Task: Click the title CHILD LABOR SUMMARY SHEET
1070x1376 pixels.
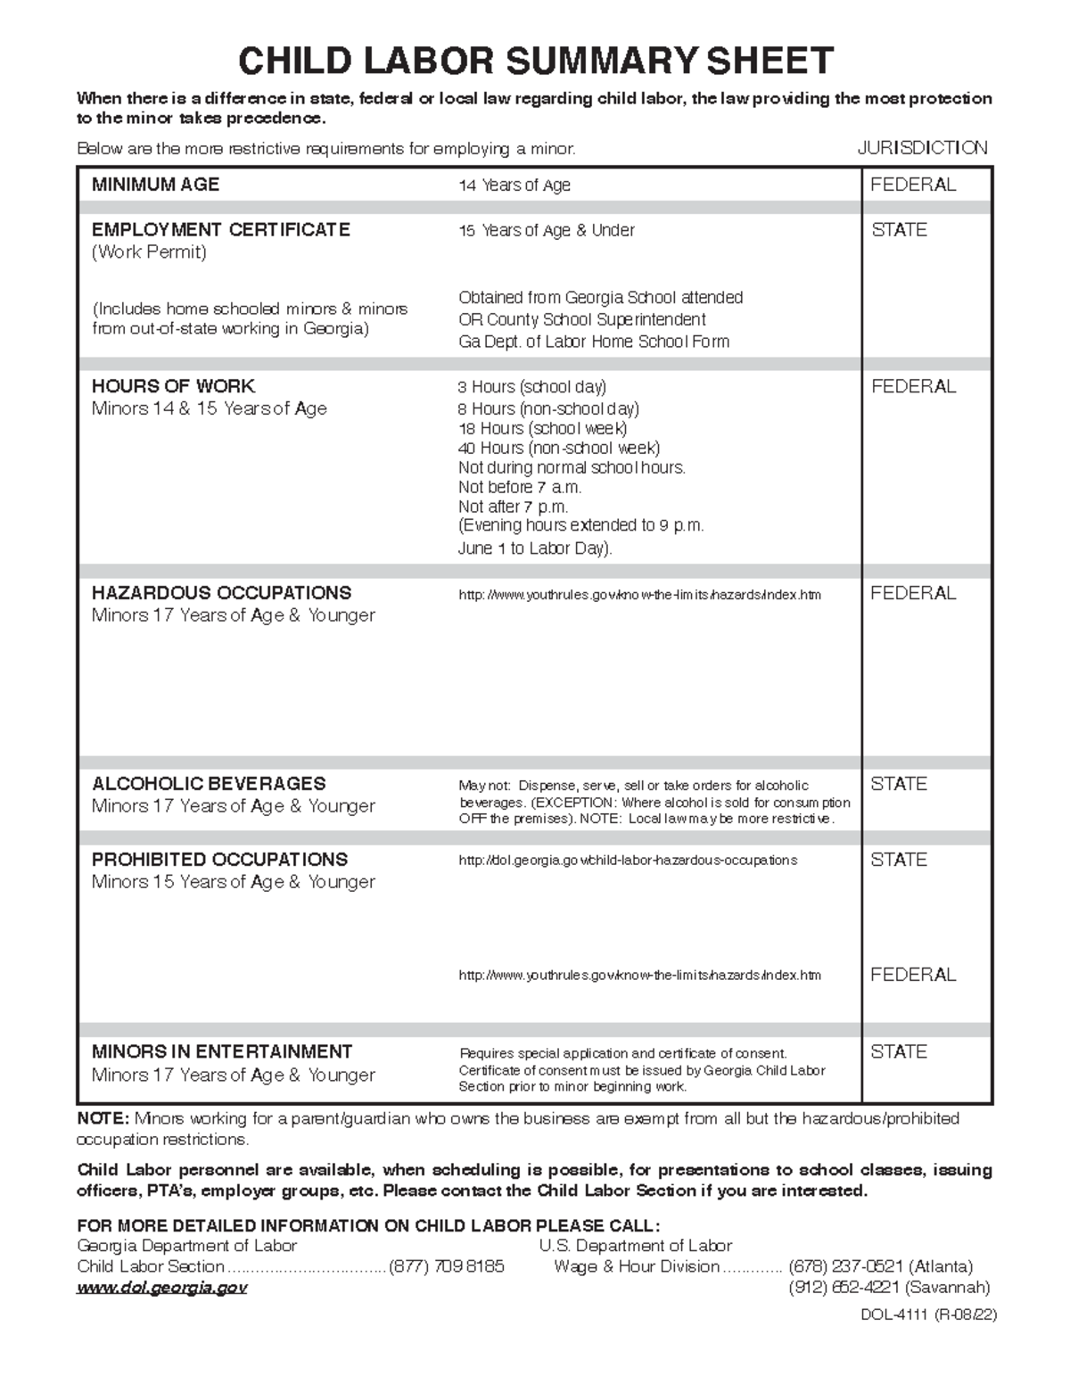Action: pyautogui.click(x=535, y=61)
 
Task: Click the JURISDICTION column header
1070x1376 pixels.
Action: pyautogui.click(x=922, y=148)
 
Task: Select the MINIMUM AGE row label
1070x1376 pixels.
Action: pyautogui.click(x=155, y=185)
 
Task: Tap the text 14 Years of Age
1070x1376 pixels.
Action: pyautogui.click(x=514, y=185)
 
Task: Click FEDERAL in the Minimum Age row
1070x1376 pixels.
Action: pyautogui.click(x=913, y=185)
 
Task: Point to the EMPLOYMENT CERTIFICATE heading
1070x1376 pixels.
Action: pyautogui.click(x=220, y=230)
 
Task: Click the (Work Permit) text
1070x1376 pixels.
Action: pyautogui.click(x=149, y=252)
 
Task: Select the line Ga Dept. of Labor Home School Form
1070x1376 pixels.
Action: pyautogui.click(x=593, y=342)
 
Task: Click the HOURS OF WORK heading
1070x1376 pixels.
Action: pyautogui.click(x=173, y=386)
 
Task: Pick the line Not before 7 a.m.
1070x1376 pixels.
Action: pyautogui.click(x=519, y=487)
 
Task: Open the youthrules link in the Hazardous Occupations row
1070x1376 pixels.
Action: pyautogui.click(x=639, y=595)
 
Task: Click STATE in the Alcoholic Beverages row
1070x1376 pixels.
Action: pyautogui.click(x=899, y=784)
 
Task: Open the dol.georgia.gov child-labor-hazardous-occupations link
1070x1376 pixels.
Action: pyautogui.click(x=627, y=861)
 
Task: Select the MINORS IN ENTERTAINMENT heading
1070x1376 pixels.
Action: pyautogui.click(x=222, y=1051)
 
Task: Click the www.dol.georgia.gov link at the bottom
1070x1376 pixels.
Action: pyautogui.click(x=161, y=1288)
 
